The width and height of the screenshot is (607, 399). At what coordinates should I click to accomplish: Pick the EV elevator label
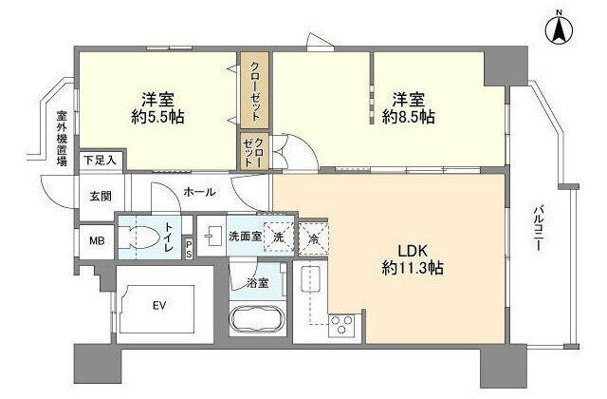pos(159,305)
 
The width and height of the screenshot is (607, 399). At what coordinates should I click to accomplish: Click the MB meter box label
pos(96,240)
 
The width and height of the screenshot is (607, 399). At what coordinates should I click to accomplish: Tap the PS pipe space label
pos(189,249)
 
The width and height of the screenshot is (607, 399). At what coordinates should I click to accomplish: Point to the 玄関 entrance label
pos(100,197)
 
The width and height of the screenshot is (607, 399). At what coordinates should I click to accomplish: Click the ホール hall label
pos(199,192)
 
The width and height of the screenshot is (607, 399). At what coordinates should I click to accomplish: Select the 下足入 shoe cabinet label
pos(98,161)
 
